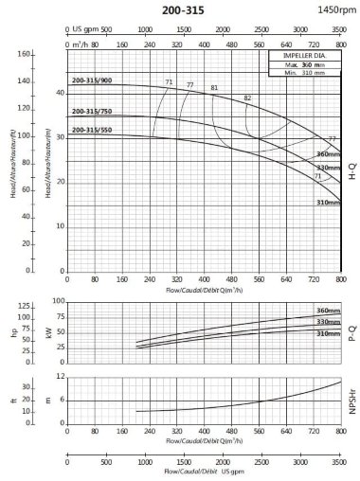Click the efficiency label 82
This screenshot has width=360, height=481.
[x=248, y=98]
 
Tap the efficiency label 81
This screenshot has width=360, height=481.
[x=214, y=88]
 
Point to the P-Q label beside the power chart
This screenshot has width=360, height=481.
[x=351, y=333]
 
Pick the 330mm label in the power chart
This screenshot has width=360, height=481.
[x=327, y=323]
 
